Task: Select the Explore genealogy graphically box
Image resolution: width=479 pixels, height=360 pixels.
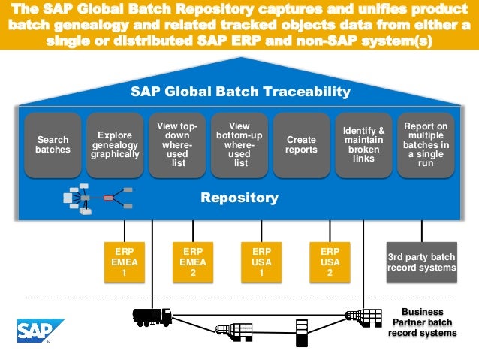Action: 116,144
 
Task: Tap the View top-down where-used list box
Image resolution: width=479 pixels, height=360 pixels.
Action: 178,144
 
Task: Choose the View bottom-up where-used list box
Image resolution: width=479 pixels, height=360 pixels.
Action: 239,144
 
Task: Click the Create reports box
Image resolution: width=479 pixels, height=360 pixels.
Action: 301,144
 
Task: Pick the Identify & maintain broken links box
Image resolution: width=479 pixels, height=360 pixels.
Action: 363,144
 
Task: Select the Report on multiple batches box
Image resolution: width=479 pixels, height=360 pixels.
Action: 426,144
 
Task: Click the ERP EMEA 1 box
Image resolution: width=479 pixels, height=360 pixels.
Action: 124,262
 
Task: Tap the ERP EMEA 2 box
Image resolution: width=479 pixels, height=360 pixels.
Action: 193,262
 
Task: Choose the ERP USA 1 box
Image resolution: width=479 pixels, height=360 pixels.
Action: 261,262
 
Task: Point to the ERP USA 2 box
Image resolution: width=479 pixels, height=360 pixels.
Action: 330,262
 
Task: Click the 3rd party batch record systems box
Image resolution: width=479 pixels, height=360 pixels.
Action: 421,262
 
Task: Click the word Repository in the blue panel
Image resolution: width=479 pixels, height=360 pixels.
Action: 239,198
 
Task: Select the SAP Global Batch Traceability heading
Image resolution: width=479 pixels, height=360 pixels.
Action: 239,92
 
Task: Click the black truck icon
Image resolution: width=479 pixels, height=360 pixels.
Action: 152,316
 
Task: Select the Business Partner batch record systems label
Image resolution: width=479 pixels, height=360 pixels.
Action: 422,322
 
